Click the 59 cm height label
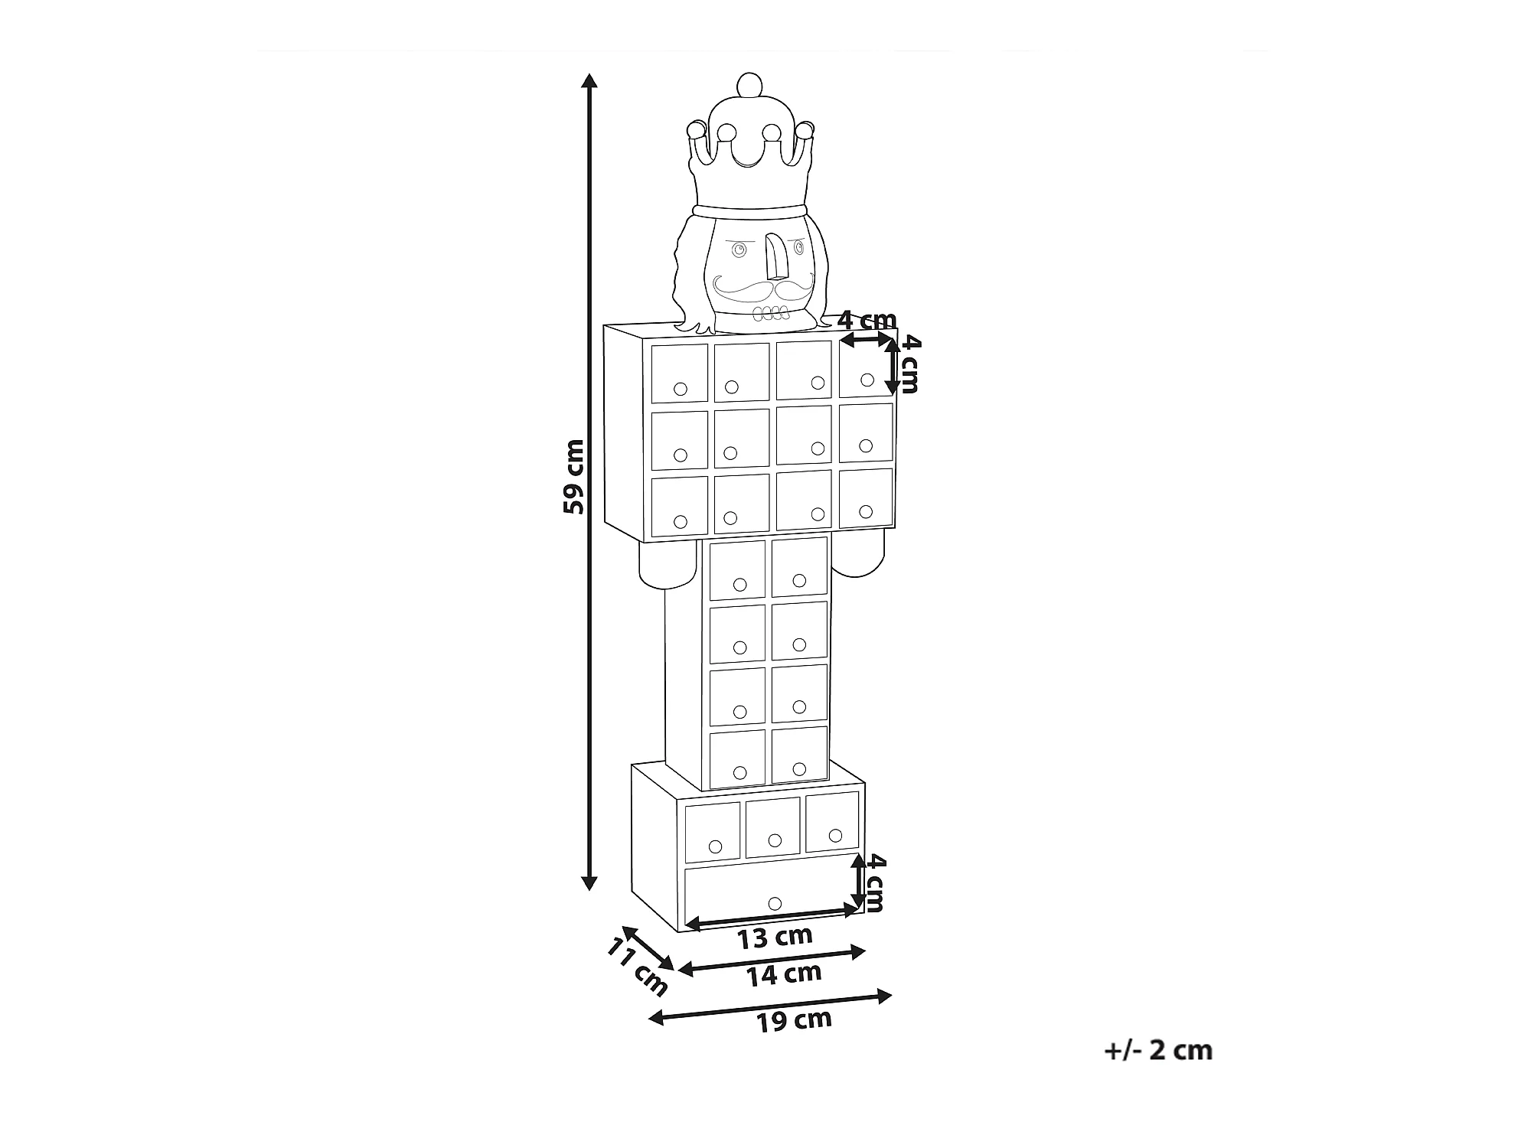pyautogui.click(x=573, y=476)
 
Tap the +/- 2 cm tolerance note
pyautogui.click(x=1158, y=1050)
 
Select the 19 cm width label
pyautogui.click(x=794, y=1020)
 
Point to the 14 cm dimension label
pyautogui.click(x=785, y=975)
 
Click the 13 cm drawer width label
pyautogui.click(x=775, y=937)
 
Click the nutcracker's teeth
pyautogui.click(x=770, y=313)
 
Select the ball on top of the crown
pyautogui.click(x=746, y=84)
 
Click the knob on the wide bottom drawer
pyautogui.click(x=774, y=903)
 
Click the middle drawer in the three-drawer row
pyautogui.click(x=773, y=827)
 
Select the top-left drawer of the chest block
pyautogui.click(x=679, y=373)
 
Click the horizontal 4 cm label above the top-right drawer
pyautogui.click(x=867, y=320)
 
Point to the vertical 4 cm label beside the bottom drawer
pyautogui.click(x=875, y=884)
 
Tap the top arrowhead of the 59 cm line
pyautogui.click(x=589, y=80)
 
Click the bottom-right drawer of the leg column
pyautogui.click(x=800, y=755)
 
